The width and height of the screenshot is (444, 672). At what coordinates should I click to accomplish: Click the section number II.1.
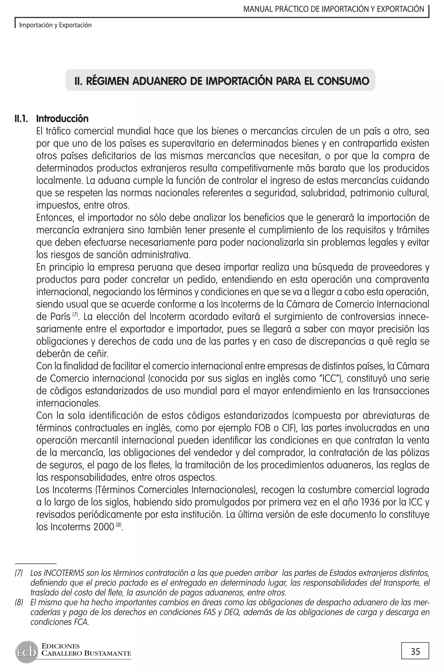click(x=21, y=118)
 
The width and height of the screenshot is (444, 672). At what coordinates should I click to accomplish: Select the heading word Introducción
click(x=62, y=118)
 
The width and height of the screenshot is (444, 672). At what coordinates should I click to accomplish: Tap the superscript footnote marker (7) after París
click(x=75, y=314)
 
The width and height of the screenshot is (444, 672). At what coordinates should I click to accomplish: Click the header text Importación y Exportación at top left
click(x=55, y=25)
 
